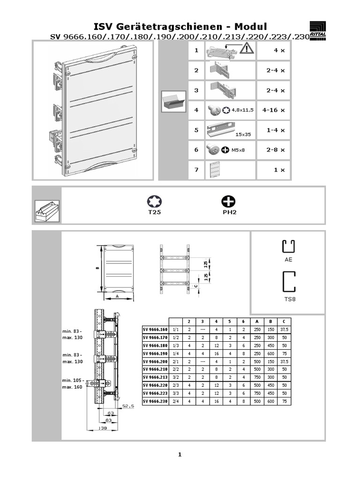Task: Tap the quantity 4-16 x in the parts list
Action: point(273,110)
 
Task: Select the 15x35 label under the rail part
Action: point(243,135)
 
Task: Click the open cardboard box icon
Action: point(173,101)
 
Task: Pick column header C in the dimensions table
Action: point(283,321)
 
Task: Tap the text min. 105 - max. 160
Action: point(72,384)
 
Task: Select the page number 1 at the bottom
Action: point(180,454)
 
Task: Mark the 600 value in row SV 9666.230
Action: point(270,401)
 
